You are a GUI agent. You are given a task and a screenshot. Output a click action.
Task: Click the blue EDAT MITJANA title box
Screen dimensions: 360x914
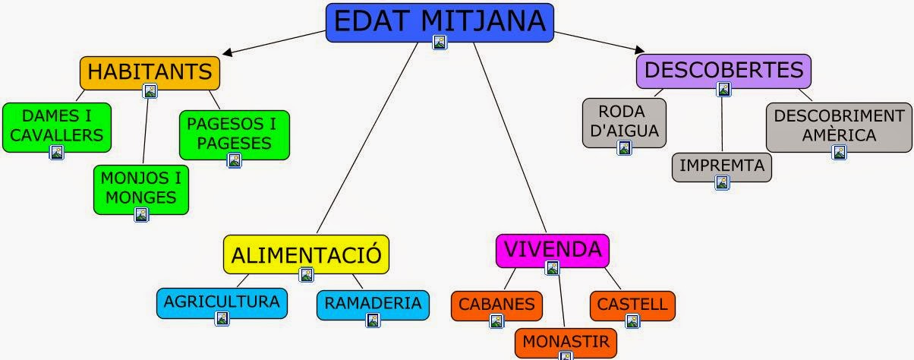(x=440, y=21)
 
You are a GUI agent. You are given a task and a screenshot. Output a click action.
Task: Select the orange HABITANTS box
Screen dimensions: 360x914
(x=150, y=72)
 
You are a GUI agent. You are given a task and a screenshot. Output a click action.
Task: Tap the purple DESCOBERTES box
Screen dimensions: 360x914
(x=723, y=70)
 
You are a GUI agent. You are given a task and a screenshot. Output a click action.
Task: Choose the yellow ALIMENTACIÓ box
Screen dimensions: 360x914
(x=306, y=254)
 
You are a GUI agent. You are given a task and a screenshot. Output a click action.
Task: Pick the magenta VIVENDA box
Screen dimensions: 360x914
(x=552, y=249)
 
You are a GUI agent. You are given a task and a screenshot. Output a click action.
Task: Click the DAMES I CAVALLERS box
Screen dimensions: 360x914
(x=56, y=126)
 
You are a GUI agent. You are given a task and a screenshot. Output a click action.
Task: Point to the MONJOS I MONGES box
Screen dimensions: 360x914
(x=140, y=188)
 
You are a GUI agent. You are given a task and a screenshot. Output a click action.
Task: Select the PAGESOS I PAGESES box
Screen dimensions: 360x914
(x=234, y=134)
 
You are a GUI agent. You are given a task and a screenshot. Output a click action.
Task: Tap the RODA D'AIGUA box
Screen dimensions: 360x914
(x=623, y=122)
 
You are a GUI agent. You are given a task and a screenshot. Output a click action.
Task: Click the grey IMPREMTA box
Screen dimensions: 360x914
(x=721, y=166)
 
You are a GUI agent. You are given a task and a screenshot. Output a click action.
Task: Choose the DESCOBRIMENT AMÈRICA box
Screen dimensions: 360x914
(x=838, y=126)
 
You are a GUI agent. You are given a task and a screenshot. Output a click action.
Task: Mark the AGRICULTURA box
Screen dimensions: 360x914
(x=222, y=302)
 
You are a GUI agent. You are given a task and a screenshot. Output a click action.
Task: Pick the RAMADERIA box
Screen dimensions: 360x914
(x=372, y=304)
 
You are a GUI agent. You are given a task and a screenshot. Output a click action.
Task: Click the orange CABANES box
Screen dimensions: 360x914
(x=496, y=305)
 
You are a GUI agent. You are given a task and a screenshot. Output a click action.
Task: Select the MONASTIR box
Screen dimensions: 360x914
(x=565, y=342)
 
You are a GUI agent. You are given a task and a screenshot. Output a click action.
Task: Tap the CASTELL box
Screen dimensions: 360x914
(x=632, y=305)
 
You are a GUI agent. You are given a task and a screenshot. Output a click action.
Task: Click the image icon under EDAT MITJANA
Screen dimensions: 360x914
(x=440, y=42)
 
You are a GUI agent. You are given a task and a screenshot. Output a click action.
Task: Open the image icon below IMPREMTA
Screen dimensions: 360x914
(x=721, y=182)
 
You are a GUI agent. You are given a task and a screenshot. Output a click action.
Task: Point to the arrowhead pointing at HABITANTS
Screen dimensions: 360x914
(x=226, y=53)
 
